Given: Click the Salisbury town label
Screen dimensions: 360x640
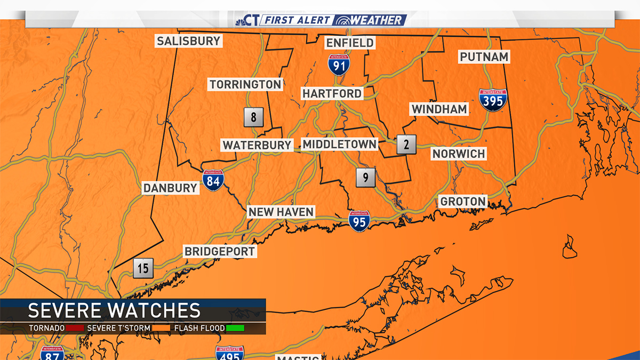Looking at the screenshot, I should click(x=188, y=41).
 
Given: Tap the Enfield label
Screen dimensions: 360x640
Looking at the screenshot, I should click(x=350, y=43).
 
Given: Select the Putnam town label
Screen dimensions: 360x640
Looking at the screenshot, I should click(x=484, y=57).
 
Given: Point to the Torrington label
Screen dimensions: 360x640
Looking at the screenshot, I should click(x=245, y=84).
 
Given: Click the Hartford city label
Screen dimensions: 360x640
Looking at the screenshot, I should click(x=332, y=93).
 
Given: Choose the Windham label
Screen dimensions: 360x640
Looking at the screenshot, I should click(x=439, y=109).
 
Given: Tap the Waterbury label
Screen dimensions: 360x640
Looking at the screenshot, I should click(x=257, y=145).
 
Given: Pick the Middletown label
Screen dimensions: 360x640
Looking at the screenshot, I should click(x=339, y=144).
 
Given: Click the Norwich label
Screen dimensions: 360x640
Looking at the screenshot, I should click(x=459, y=154).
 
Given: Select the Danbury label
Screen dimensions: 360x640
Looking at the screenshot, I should click(x=170, y=188).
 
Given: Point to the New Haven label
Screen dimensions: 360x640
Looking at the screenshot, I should click(x=281, y=212).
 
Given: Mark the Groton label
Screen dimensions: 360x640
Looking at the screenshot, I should click(x=462, y=201).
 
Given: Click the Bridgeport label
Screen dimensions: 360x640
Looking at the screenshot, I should click(x=220, y=251).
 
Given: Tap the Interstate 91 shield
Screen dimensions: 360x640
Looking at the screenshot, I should click(x=339, y=63).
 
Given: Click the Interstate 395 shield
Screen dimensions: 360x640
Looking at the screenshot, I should click(x=493, y=100).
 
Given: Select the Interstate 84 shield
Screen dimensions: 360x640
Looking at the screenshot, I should click(x=213, y=181).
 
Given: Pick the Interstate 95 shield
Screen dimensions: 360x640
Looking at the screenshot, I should click(x=359, y=221).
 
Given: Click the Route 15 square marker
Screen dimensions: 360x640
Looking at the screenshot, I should click(x=143, y=268).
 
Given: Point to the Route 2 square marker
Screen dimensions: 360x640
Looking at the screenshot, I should click(x=406, y=144).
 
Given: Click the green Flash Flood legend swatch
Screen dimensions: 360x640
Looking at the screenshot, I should click(x=235, y=327).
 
